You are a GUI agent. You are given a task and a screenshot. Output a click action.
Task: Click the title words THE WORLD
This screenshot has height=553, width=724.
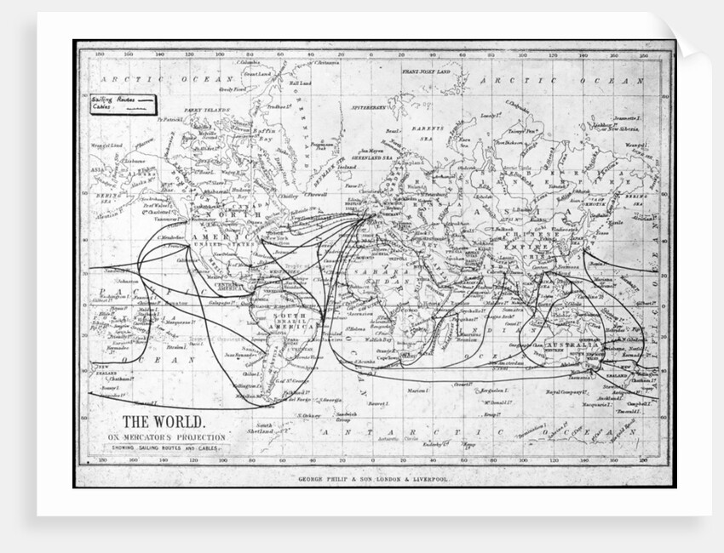point(163,421)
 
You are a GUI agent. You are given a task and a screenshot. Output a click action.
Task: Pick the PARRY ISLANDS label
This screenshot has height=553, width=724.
point(207,111)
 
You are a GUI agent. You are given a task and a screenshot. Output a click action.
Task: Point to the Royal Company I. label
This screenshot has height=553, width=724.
point(564,392)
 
